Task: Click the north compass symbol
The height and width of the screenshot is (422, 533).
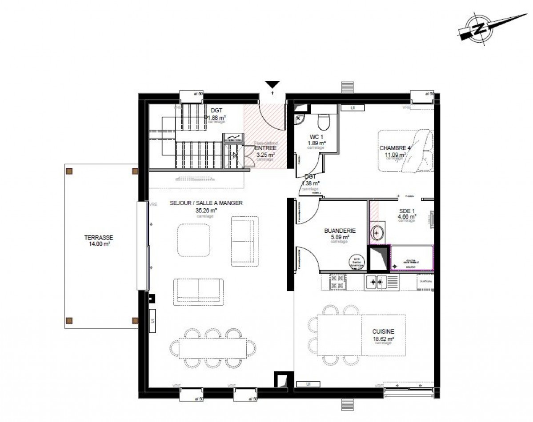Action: coord(479,29)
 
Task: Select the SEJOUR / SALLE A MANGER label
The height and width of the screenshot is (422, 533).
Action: coord(206,203)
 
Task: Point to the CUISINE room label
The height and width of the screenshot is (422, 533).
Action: coord(383,331)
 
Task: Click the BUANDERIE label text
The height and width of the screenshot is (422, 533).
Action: coord(339,231)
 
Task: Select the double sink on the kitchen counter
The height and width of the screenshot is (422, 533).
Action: coord(376,281)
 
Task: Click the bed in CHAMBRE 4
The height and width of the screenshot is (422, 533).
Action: coord(405,151)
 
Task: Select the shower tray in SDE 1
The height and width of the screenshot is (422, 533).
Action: coord(412,257)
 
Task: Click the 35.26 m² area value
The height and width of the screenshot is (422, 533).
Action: coord(206,211)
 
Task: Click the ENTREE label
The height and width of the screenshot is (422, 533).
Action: coord(266,148)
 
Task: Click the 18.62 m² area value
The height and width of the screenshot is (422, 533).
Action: coord(383,338)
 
